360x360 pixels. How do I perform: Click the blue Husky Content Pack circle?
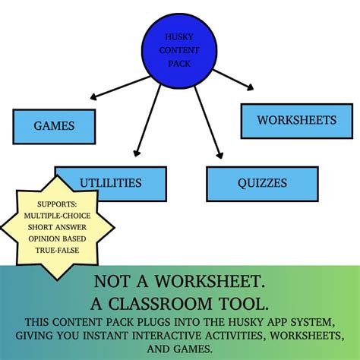[179, 51]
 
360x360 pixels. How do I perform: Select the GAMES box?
[54, 127]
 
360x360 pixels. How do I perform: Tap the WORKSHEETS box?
[297, 121]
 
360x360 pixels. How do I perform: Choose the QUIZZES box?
[262, 184]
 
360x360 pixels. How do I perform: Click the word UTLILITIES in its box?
[111, 183]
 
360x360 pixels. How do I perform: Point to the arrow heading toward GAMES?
[120, 87]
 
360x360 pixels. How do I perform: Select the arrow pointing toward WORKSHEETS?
[233, 80]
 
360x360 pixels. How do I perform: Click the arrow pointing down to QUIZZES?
[209, 123]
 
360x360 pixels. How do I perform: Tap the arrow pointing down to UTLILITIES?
[147, 121]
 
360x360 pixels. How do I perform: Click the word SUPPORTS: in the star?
[57, 204]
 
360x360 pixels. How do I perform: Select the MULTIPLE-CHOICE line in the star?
[57, 216]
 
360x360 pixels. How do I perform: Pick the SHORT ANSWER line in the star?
[57, 227]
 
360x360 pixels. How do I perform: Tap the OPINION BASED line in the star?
[57, 238]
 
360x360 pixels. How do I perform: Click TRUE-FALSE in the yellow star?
[57, 250]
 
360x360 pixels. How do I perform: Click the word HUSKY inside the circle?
[179, 37]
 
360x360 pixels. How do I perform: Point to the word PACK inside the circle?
[179, 64]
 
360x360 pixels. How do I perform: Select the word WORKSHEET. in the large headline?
[210, 281]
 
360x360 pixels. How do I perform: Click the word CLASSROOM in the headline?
[160, 304]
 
